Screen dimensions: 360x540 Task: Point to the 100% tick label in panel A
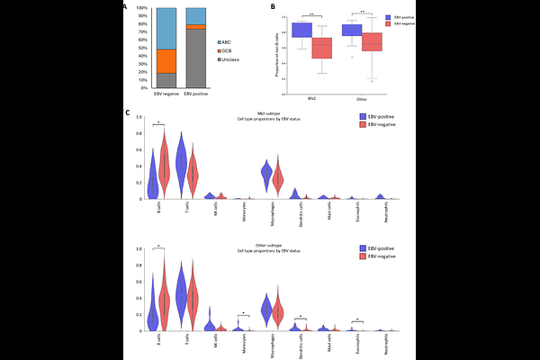142,8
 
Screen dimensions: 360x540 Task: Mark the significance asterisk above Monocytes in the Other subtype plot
243,313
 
